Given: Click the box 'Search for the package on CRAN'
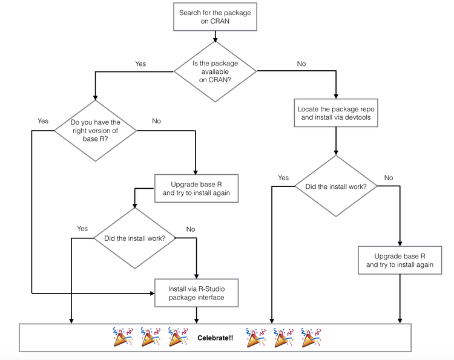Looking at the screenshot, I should [215, 18].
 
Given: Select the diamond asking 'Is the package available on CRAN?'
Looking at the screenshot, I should [215, 72].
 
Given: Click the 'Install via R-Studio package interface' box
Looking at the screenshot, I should [197, 292].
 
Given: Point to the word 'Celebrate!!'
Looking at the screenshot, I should [215, 338].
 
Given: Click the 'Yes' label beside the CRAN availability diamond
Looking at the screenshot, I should [140, 64].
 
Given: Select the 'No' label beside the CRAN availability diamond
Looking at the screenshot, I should [301, 64].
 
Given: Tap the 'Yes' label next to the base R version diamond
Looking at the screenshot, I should [43, 121].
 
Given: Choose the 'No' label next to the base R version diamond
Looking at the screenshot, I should [156, 121].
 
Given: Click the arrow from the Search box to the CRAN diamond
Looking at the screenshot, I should [215, 36].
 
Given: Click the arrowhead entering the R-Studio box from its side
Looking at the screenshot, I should [151, 293].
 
